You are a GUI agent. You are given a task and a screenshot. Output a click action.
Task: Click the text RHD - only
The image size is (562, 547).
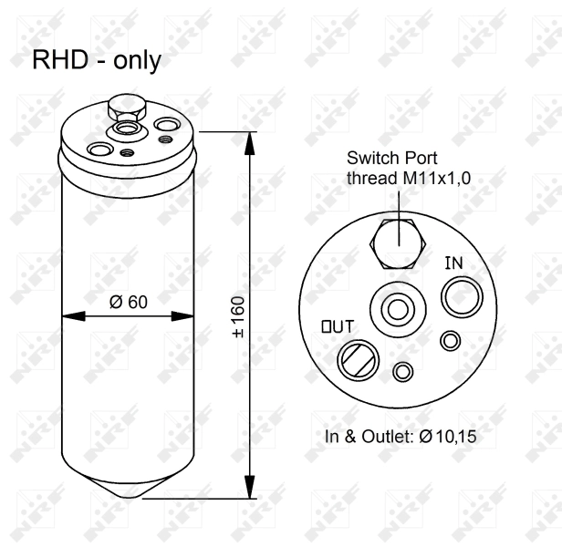pyautogui.click(x=97, y=61)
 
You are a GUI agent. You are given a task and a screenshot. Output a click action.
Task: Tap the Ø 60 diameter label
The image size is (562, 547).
pyautogui.click(x=128, y=303)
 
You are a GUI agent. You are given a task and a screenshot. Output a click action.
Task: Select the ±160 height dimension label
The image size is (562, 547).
pyautogui.click(x=239, y=316)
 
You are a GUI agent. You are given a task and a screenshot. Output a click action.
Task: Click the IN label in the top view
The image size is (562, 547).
pyautogui.click(x=453, y=263)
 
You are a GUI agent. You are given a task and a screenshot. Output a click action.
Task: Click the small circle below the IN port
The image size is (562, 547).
pyautogui.click(x=449, y=340)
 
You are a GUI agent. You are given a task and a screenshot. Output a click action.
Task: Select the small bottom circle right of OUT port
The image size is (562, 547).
pyautogui.click(x=402, y=372)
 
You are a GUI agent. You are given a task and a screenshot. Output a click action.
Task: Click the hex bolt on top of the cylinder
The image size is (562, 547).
pyautogui.click(x=120, y=110)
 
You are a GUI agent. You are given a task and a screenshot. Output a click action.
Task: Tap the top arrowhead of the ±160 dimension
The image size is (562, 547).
pyautogui.click(x=251, y=138)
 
